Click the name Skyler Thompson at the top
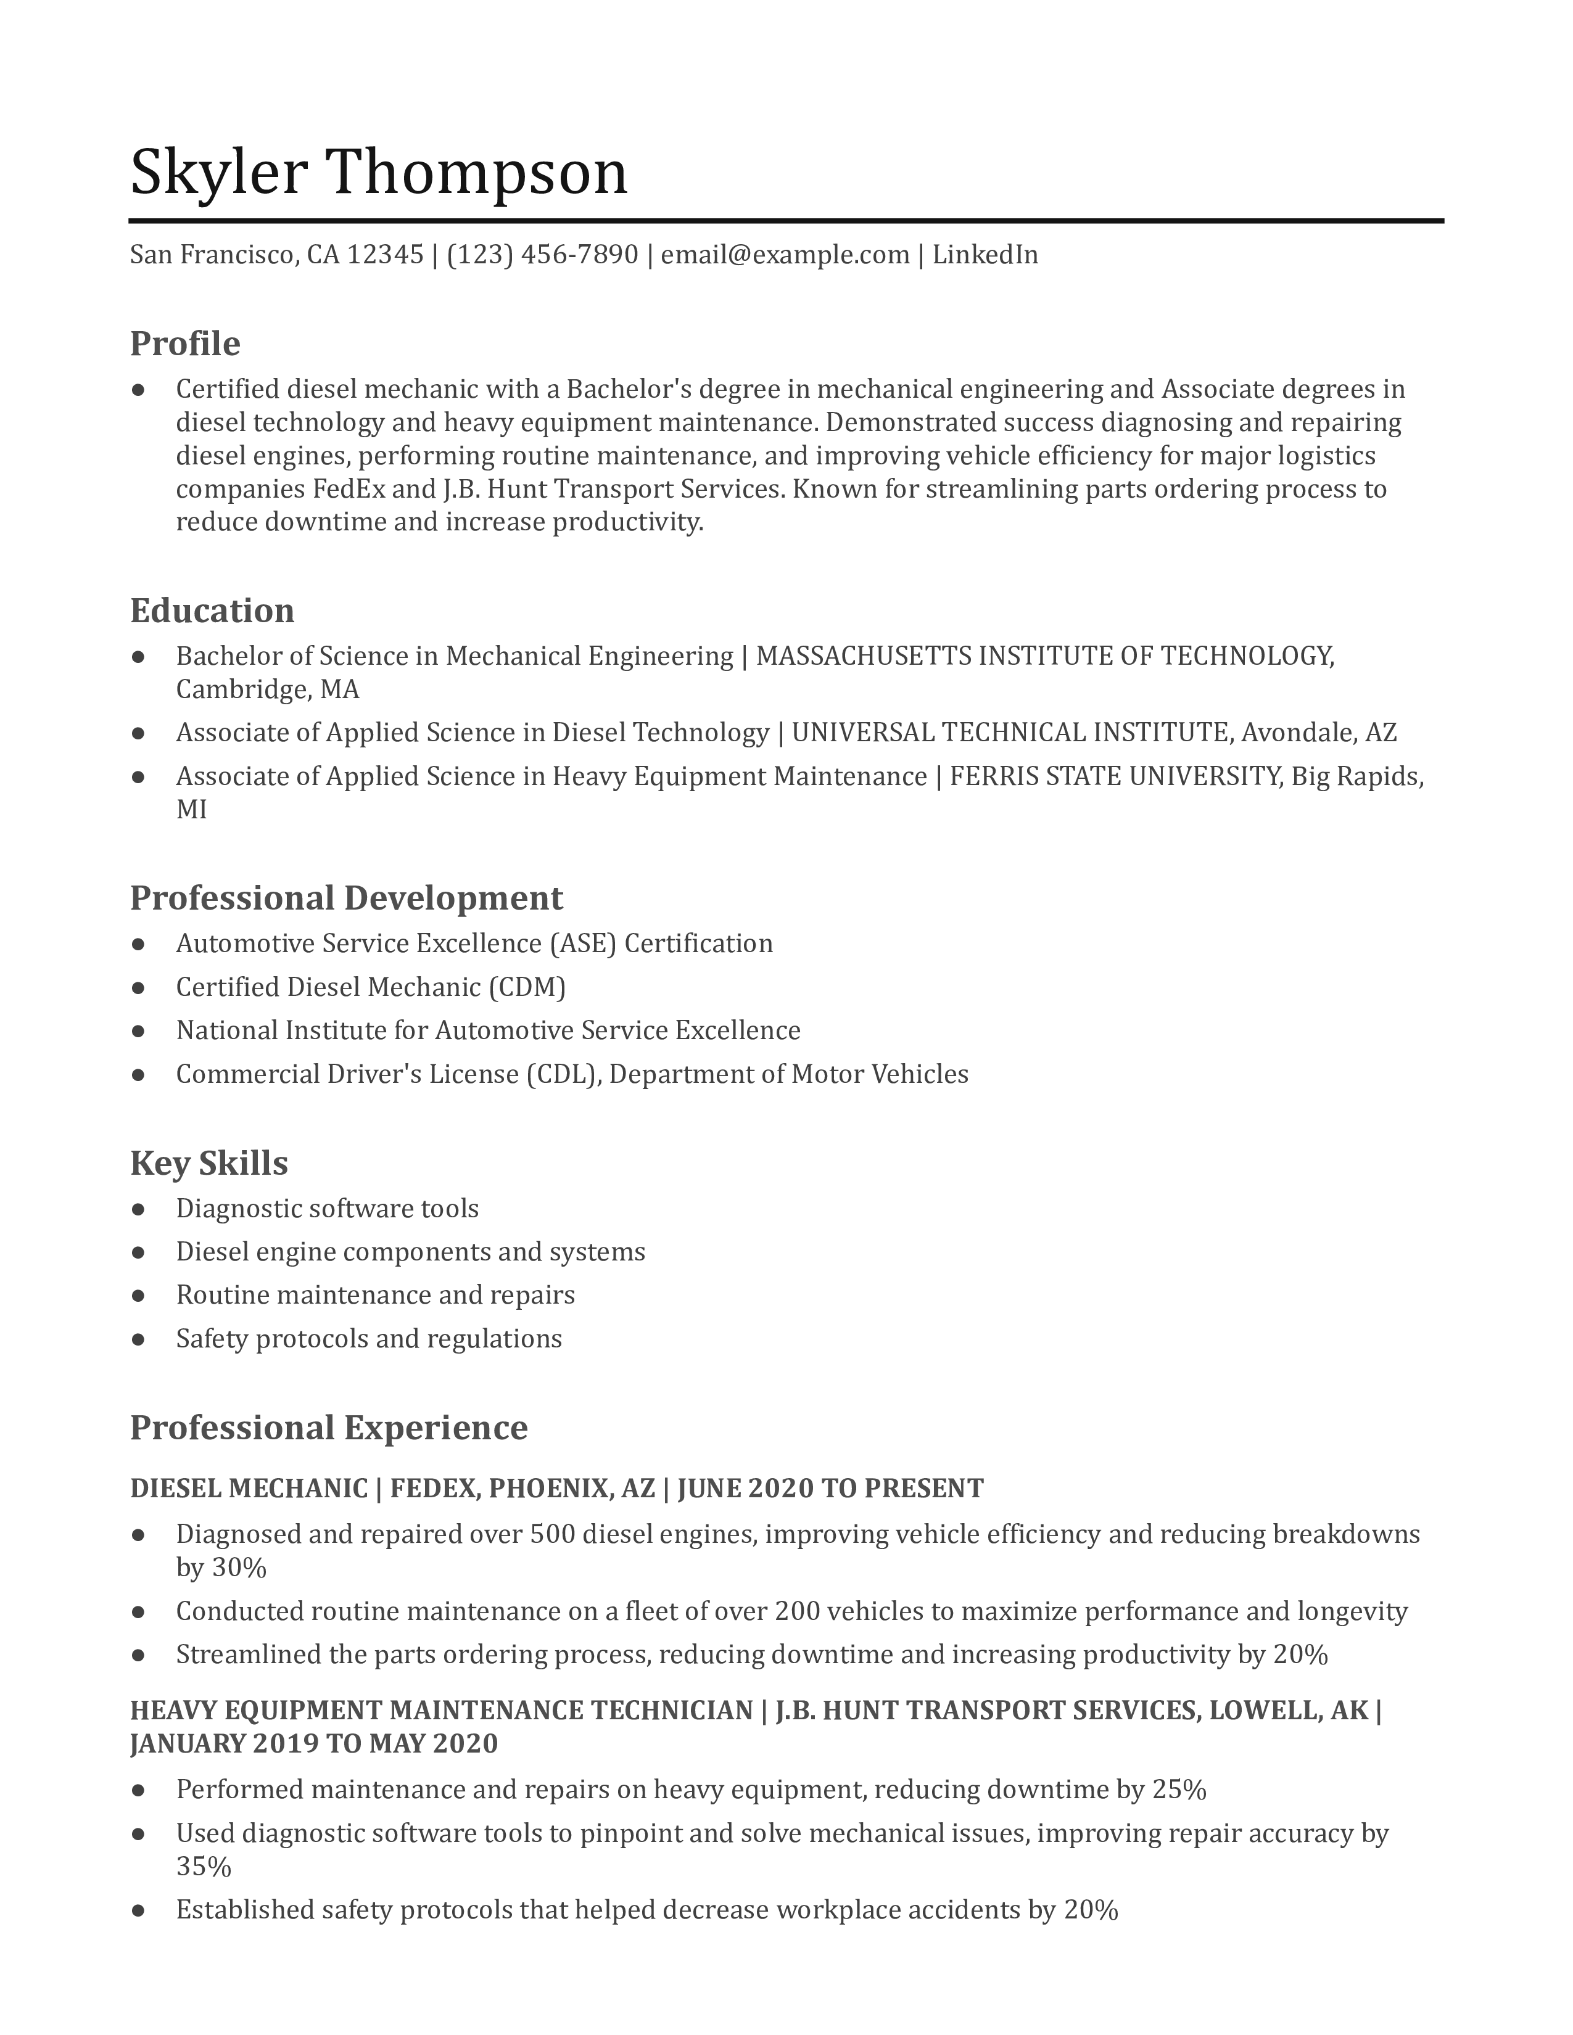(x=378, y=173)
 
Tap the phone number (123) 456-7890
(x=542, y=254)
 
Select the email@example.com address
(x=785, y=254)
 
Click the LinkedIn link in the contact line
(x=985, y=254)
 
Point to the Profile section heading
(x=184, y=344)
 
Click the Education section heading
(x=212, y=611)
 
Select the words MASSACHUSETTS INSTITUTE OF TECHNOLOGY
(x=1044, y=656)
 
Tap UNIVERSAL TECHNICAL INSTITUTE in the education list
(x=1010, y=733)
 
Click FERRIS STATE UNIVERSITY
(x=1115, y=776)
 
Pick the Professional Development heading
(x=345, y=898)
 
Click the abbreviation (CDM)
(x=527, y=987)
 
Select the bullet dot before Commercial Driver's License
(x=139, y=1074)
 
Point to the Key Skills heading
(x=208, y=1163)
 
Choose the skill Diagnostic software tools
(x=327, y=1209)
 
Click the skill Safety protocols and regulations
(x=369, y=1339)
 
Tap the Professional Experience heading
(x=328, y=1428)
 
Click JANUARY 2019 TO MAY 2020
(x=314, y=1743)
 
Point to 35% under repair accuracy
(x=203, y=1867)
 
